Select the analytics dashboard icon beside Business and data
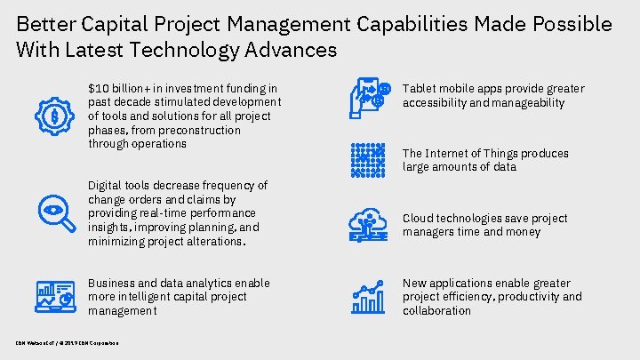(54, 296)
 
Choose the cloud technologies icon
(368, 225)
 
